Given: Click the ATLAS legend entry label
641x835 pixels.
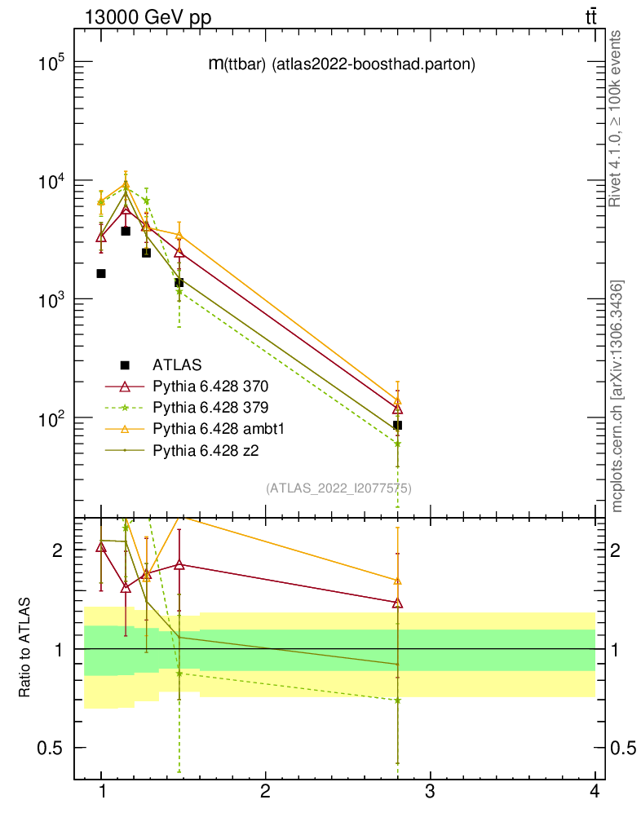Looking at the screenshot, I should point(177,364).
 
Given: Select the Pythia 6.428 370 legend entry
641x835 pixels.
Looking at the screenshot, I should point(210,386).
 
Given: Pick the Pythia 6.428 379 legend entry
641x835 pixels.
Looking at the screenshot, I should point(210,407).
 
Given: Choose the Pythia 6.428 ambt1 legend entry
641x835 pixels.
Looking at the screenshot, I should point(216,428).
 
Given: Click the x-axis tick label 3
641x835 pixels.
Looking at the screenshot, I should point(430,792).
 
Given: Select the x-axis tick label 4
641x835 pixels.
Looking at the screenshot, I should point(594,792).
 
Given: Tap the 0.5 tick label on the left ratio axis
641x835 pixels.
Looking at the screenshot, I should point(51,749).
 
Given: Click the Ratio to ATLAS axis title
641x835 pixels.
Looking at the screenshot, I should point(25,647).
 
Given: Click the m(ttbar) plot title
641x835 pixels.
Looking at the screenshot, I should point(342,64).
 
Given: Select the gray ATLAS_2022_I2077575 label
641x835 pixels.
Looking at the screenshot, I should point(338,488).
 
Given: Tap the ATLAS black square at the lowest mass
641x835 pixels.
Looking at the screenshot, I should point(101,273).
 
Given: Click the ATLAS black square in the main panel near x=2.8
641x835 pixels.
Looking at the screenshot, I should point(397,425).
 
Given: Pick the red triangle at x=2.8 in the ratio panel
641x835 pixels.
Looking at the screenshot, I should point(397,603).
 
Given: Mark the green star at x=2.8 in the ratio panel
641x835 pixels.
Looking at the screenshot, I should point(397,700).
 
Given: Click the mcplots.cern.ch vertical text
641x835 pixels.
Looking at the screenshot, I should point(617,395).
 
